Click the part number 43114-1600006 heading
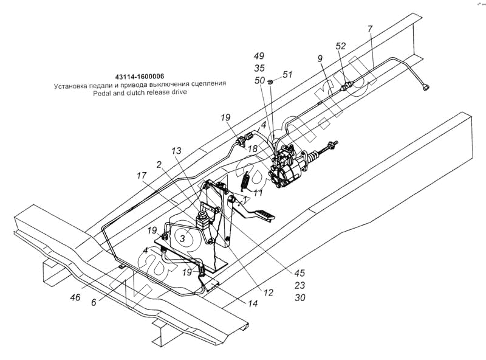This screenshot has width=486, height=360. [139, 77]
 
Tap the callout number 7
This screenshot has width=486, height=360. [370, 29]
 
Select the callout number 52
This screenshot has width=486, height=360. [341, 46]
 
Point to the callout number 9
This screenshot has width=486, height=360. [319, 59]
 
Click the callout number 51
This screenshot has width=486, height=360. [287, 75]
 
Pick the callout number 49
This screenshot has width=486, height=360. [260, 55]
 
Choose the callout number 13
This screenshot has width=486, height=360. [176, 150]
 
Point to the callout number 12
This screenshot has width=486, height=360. [269, 292]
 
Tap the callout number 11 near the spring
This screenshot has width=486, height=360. [258, 193]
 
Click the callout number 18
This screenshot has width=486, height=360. [252, 148]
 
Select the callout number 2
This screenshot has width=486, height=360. [159, 164]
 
